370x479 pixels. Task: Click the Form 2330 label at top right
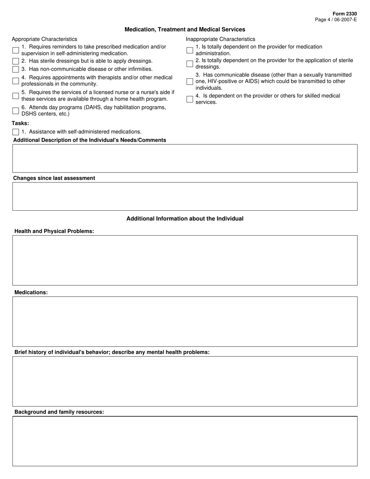[344, 14]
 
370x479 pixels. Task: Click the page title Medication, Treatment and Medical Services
[185, 30]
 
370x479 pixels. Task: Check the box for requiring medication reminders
[16, 50]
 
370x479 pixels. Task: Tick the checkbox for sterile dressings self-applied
[16, 61]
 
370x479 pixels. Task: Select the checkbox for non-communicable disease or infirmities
[16, 69]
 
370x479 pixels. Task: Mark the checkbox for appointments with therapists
[16, 81]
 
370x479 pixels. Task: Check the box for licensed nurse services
[16, 96]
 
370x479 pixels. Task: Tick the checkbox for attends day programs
[16, 111]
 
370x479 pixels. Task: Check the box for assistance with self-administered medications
[16, 132]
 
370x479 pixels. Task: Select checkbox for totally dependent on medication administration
[190, 50]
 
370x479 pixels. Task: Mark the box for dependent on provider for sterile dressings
[190, 64]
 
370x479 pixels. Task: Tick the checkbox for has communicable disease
[190, 81]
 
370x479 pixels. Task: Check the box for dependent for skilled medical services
[190, 99]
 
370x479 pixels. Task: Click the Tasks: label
[20, 123]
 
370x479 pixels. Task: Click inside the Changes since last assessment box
[185, 197]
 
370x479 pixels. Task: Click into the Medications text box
[185, 322]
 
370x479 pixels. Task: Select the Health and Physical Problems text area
[185, 260]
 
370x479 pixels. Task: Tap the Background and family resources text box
[185, 441]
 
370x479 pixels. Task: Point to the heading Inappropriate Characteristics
[220, 39]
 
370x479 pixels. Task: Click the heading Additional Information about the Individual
[185, 219]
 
